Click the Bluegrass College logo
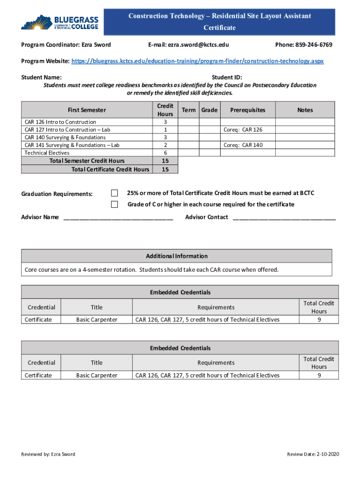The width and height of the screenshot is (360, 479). pyautogui.click(x=60, y=22)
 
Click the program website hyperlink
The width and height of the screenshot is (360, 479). pyautogui.click(x=197, y=61)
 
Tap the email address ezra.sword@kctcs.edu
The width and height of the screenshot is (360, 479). pyautogui.click(x=188, y=45)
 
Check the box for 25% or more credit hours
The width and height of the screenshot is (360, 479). pyautogui.click(x=115, y=193)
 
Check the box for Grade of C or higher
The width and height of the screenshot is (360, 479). pyautogui.click(x=115, y=204)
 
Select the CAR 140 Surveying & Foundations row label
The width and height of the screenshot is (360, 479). pyautogui.click(x=65, y=138)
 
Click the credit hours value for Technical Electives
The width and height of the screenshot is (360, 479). pyautogui.click(x=166, y=153)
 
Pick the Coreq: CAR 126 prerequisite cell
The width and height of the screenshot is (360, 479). pyautogui.click(x=243, y=130)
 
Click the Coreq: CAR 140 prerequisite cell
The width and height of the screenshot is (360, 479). pyautogui.click(x=243, y=145)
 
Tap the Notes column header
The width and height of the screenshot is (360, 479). pyautogui.click(x=305, y=110)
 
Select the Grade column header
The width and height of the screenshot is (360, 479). pyautogui.click(x=209, y=110)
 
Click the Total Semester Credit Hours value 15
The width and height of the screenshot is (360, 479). pyautogui.click(x=166, y=161)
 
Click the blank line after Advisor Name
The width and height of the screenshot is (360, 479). pyautogui.click(x=118, y=218)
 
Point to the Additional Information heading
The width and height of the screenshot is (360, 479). pyautogui.click(x=177, y=256)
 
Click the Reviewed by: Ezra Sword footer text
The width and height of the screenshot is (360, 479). pyautogui.click(x=48, y=454)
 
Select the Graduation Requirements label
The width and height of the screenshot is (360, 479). pyautogui.click(x=57, y=194)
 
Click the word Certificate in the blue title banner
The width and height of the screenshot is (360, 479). pyautogui.click(x=219, y=28)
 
